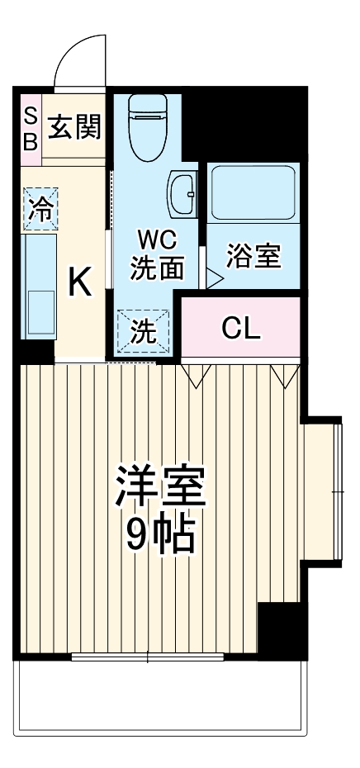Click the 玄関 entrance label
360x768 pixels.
click(x=74, y=128)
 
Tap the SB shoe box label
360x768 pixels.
click(x=31, y=128)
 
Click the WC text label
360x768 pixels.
click(x=155, y=240)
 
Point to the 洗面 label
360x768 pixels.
click(x=155, y=268)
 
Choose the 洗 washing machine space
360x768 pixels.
click(x=144, y=331)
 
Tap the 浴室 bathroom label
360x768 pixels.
click(x=253, y=257)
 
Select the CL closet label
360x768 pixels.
click(x=240, y=328)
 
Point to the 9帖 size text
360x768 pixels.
click(x=160, y=537)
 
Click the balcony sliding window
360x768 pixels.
click(x=147, y=657)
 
